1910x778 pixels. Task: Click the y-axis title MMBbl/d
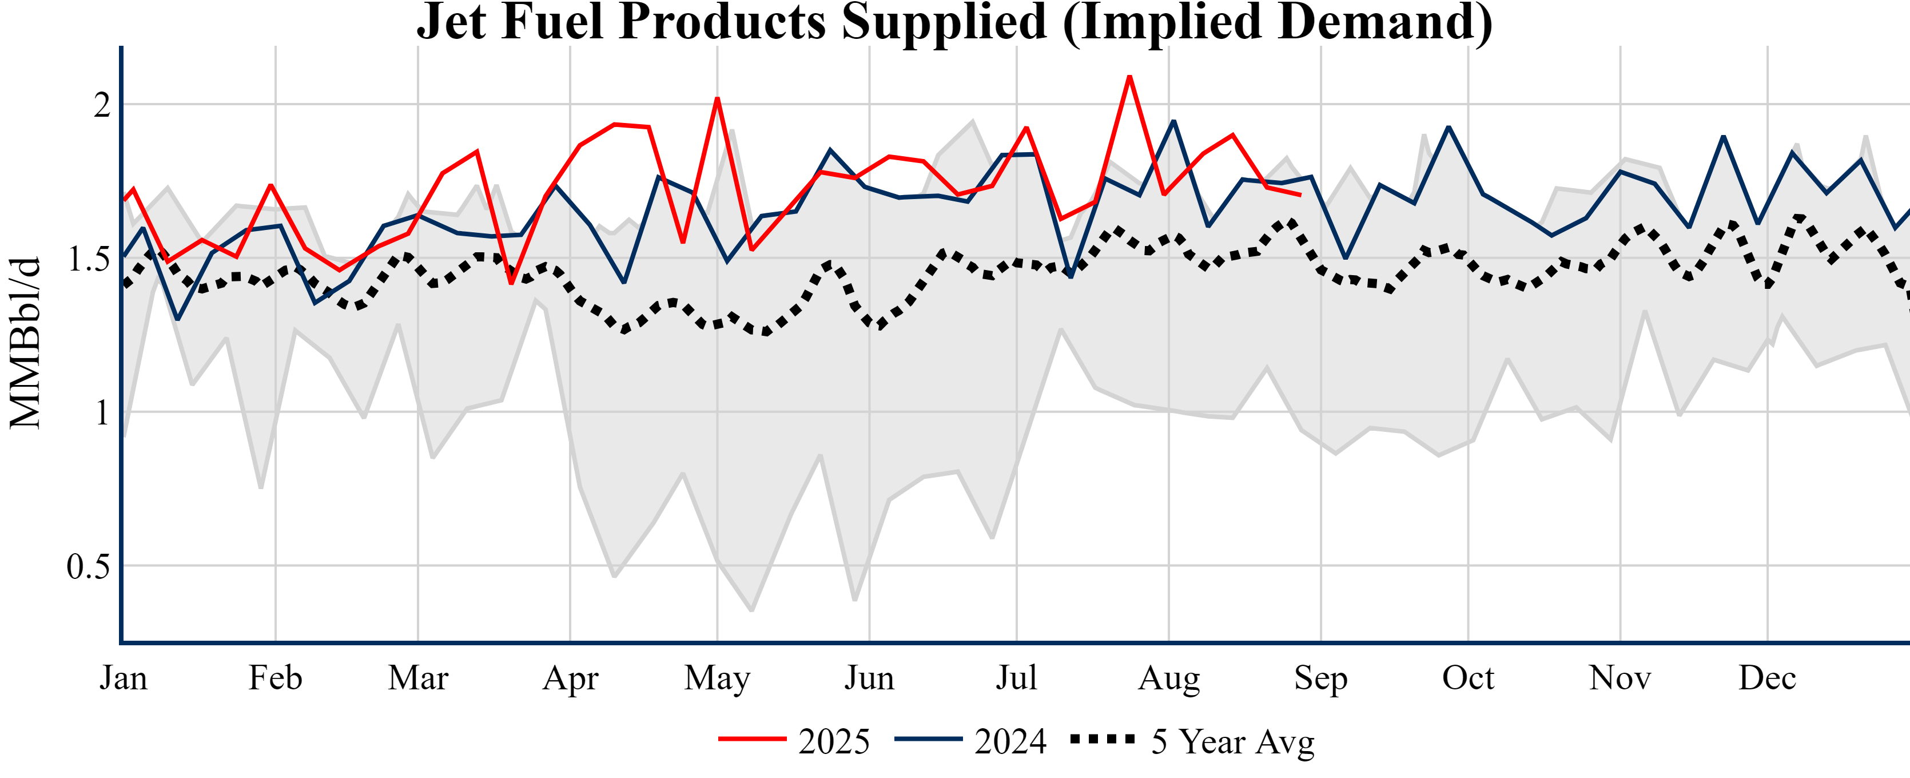click(x=25, y=343)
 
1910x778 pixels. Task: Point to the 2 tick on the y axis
click(x=102, y=105)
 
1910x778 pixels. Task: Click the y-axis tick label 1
click(x=102, y=412)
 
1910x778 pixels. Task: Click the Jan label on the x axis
click(x=123, y=678)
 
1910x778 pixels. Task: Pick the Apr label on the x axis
click(x=570, y=678)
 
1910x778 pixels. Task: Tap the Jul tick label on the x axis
click(x=1016, y=678)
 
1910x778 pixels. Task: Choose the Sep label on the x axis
click(x=1320, y=678)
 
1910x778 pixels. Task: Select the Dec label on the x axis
click(x=1767, y=678)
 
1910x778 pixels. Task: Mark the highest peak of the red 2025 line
click(x=1129, y=77)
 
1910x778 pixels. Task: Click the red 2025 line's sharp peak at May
click(x=717, y=98)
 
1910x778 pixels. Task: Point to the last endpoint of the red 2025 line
click(x=1300, y=195)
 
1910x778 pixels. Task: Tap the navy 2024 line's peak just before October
click(x=1449, y=127)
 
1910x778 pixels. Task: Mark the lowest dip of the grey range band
click(x=752, y=610)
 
